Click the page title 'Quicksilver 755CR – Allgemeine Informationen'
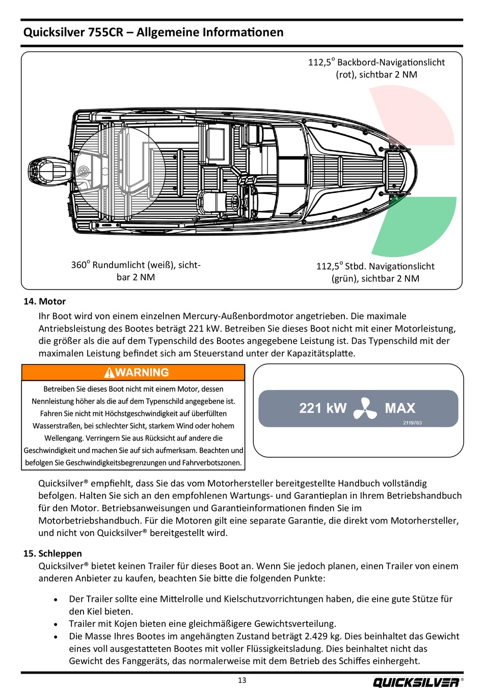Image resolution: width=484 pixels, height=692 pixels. (x=153, y=33)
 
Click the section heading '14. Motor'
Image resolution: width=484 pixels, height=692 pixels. (x=44, y=301)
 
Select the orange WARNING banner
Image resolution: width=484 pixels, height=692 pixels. (x=133, y=373)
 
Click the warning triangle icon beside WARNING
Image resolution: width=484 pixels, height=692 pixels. (x=109, y=373)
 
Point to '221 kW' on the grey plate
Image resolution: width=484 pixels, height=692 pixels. (x=322, y=408)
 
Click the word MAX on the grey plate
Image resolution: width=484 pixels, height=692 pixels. (x=400, y=408)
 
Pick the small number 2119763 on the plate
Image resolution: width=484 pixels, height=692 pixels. (x=412, y=423)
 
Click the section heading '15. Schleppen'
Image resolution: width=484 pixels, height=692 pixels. (x=52, y=553)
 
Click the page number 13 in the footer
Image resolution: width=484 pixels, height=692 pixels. (x=242, y=680)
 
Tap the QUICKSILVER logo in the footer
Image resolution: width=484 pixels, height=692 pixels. (x=416, y=682)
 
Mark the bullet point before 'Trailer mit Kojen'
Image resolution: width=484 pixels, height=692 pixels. (x=56, y=624)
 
